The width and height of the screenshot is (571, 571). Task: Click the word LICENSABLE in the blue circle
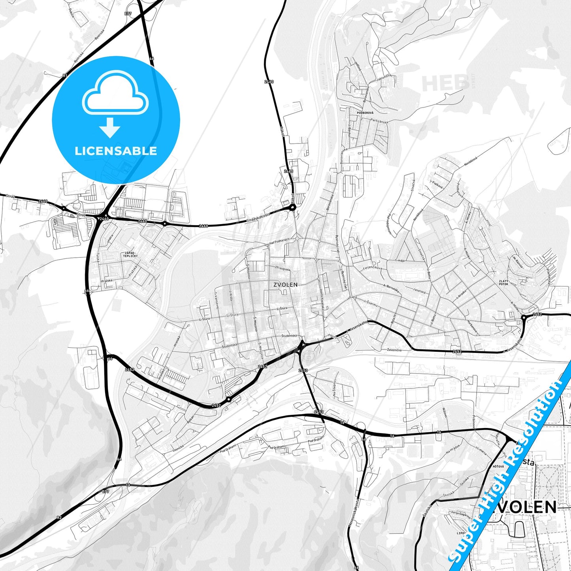[x=116, y=151]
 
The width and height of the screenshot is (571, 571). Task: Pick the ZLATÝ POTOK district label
[x=503, y=283]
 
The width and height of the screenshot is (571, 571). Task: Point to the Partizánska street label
[x=379, y=121]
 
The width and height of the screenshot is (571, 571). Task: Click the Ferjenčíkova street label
[x=373, y=268]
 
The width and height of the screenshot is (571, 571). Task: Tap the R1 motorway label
[x=65, y=75]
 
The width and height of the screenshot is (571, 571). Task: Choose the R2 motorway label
[x=59, y=517]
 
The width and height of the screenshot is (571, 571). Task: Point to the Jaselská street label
[x=419, y=290]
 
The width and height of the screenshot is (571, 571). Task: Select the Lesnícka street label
[x=178, y=448]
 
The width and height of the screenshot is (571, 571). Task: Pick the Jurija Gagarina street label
[x=458, y=513]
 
